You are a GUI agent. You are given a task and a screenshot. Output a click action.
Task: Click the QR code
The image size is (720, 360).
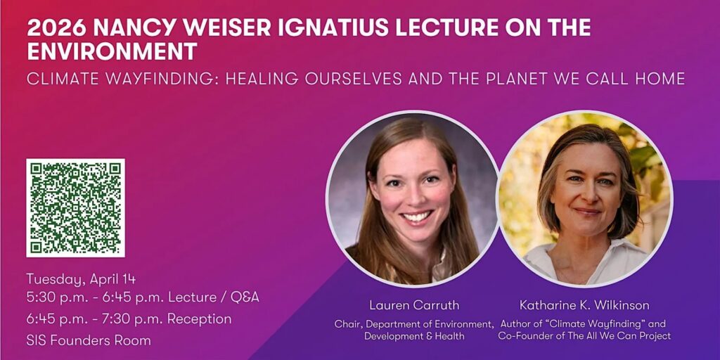tap(75, 207)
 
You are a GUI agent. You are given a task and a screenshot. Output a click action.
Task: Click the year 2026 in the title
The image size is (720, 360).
tap(56, 28)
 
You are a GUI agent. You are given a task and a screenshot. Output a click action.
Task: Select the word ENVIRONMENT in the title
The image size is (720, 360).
tap(112, 51)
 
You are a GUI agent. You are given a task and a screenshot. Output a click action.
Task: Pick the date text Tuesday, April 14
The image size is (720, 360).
tap(81, 279)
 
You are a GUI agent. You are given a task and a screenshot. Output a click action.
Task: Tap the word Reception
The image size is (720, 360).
tap(199, 319)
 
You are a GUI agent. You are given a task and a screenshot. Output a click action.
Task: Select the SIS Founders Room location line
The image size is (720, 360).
tap(89, 340)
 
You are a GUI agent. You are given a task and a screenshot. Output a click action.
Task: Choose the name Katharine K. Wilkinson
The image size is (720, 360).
tap(584, 305)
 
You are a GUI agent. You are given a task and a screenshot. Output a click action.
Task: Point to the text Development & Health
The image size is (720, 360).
tap(414, 336)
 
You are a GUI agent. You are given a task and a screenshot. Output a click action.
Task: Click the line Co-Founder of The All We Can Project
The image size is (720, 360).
tap(584, 336)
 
